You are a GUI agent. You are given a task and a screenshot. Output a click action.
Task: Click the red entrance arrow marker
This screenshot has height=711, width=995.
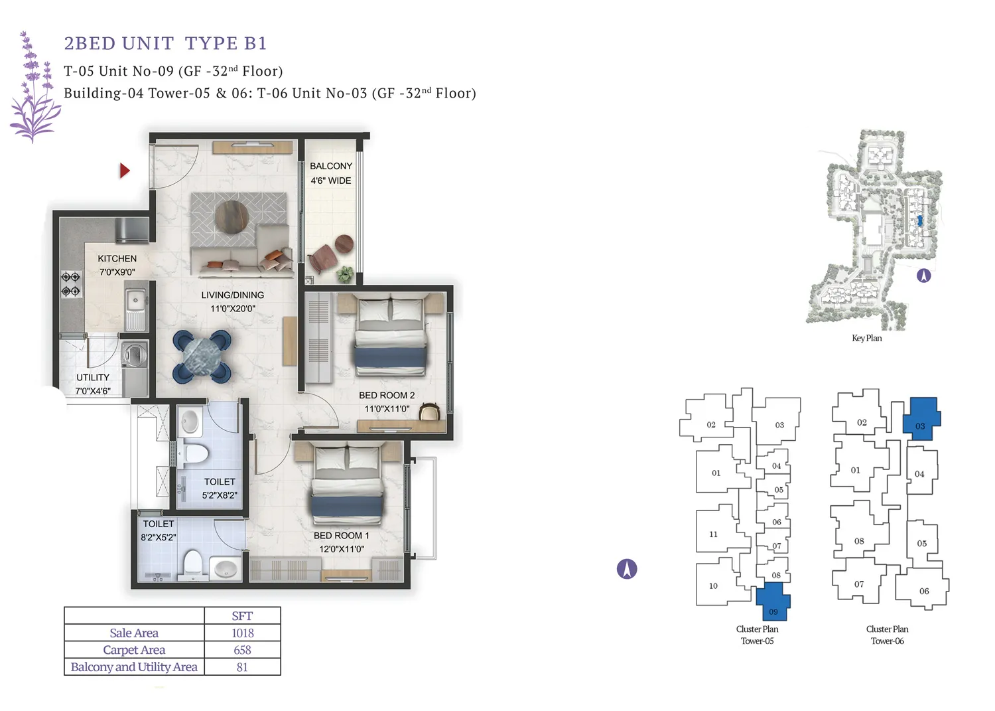click(124, 171)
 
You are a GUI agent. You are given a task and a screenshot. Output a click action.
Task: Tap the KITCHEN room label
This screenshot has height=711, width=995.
click(117, 259)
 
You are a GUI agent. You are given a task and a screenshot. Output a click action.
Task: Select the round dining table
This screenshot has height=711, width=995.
click(202, 357)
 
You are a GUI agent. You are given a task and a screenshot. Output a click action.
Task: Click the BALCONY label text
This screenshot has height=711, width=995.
click(331, 166)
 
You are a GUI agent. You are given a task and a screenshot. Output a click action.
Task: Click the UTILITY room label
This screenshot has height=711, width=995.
click(93, 377)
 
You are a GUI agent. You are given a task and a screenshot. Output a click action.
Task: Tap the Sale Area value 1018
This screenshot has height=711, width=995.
click(242, 633)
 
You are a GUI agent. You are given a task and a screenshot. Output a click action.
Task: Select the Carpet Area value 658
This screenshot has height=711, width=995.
click(242, 650)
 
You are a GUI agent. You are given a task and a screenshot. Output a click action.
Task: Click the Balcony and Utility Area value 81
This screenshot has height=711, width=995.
click(242, 667)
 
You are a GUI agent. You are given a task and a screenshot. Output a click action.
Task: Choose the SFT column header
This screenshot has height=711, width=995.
click(242, 616)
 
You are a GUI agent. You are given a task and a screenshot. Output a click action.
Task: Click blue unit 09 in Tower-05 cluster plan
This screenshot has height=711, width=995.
click(773, 601)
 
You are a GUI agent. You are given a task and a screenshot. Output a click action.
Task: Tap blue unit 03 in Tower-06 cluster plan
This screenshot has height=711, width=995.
click(921, 418)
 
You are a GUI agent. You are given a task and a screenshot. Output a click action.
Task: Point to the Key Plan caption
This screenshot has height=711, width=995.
click(866, 338)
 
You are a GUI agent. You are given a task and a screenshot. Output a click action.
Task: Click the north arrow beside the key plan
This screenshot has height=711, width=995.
click(923, 276)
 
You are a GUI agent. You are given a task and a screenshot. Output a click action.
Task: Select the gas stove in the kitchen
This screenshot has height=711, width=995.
click(71, 283)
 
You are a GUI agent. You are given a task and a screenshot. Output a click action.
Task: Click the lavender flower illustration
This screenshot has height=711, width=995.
click(33, 90)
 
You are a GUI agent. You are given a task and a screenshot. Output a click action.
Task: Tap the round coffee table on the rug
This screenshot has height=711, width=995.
click(232, 216)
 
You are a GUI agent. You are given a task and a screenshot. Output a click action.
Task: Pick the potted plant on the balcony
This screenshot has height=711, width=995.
click(345, 272)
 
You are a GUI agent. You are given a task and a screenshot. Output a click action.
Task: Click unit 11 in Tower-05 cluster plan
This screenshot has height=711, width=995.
click(714, 534)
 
